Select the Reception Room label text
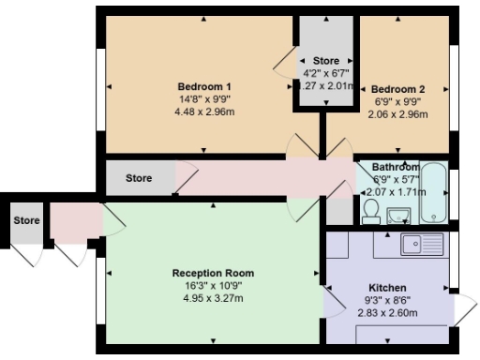click(213, 273)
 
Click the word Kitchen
click(387, 287)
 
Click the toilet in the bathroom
click(370, 209)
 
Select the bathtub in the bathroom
click(434, 193)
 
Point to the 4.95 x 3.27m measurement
click(213, 299)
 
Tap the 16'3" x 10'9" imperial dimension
click(213, 286)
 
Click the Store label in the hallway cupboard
click(139, 177)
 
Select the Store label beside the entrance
click(26, 220)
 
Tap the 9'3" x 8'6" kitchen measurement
click(387, 300)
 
